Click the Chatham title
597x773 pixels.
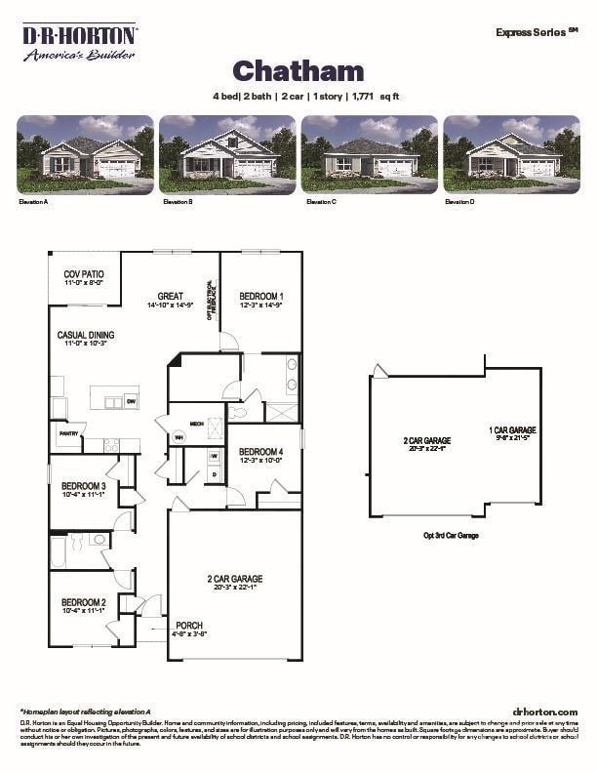298,70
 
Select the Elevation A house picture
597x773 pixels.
85,153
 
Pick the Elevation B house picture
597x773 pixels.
227,153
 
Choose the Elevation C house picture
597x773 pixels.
369,153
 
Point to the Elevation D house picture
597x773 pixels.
511,153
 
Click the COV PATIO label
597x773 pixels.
84,275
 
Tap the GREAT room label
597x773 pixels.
171,296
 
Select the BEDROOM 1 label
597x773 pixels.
260,296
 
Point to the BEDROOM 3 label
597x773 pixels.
83,485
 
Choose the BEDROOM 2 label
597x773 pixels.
83,602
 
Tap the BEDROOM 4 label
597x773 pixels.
260,452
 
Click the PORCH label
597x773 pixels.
189,626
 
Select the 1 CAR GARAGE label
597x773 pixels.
512,429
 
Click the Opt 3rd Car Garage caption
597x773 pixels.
451,535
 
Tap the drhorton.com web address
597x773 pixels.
544,712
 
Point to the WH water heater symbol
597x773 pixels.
179,437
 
